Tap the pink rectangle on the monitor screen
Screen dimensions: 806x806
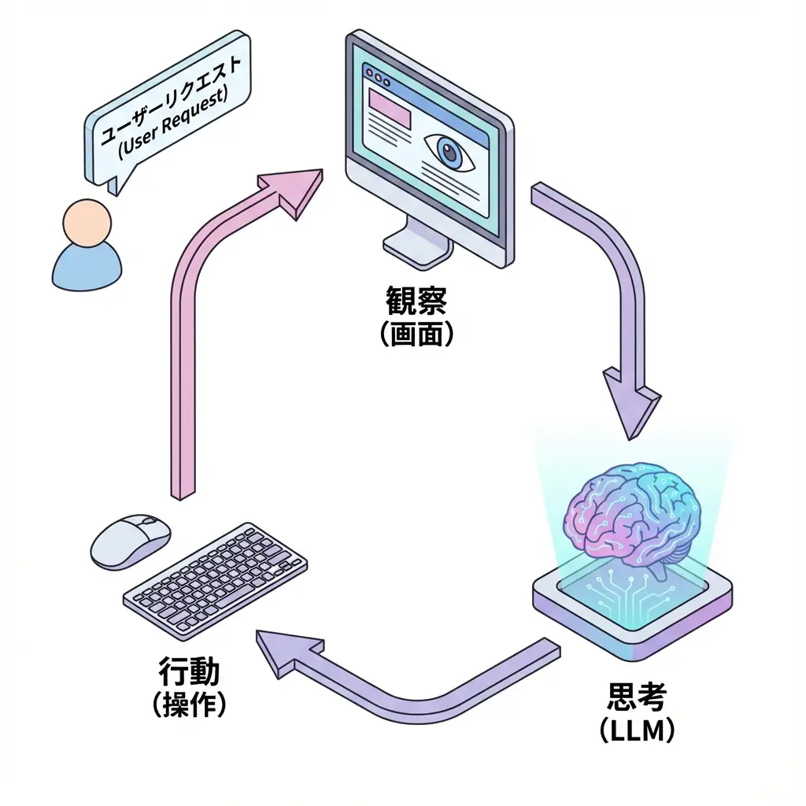[x=390, y=109]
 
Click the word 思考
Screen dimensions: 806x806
[x=637, y=697]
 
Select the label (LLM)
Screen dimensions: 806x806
[x=637, y=730]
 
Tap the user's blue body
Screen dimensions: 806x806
[x=87, y=268]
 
